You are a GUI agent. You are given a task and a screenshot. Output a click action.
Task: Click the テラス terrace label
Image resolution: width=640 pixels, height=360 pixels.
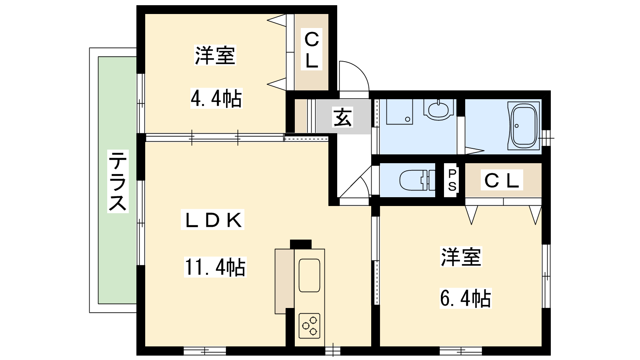point(118,181)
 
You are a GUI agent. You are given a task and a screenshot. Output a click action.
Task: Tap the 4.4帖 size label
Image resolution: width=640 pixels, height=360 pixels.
point(216,98)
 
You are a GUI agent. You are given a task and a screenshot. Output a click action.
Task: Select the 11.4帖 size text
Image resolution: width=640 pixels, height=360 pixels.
point(215,267)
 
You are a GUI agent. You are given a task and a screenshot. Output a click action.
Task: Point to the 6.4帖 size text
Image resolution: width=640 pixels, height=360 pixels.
point(466,298)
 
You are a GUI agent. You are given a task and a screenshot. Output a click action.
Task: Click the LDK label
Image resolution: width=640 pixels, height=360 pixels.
point(212,220)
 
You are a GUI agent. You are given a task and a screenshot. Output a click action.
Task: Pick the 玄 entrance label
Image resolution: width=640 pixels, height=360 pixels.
point(342,117)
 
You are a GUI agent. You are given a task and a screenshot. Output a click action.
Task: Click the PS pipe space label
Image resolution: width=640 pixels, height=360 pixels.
point(452,180)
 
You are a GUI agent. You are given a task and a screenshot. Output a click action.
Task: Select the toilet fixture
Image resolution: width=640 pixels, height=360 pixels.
point(417,180)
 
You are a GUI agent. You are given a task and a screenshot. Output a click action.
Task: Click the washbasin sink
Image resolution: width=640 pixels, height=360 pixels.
point(438,110)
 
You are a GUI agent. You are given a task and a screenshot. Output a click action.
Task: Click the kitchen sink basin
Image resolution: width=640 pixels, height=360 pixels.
point(309,275)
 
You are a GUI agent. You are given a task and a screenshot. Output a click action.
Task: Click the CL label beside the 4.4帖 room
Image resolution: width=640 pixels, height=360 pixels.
point(312,49)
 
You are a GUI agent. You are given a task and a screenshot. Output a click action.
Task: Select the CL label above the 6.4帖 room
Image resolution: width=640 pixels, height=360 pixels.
point(502,180)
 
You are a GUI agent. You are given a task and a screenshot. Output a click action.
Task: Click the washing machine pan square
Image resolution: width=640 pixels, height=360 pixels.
point(400,112)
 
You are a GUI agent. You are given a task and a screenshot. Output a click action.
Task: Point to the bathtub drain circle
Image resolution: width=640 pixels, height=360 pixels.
point(516,126)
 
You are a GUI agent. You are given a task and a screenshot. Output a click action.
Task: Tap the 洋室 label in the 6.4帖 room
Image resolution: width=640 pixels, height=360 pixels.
point(462,256)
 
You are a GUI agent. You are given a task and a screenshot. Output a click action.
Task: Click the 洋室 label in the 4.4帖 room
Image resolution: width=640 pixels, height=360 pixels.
point(215,55)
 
